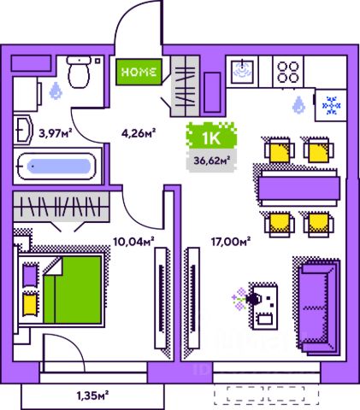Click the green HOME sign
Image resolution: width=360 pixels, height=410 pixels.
click(x=139, y=72)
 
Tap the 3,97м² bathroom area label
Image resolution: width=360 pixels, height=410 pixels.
click(x=56, y=132)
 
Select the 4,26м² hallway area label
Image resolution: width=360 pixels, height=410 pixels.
click(x=139, y=132)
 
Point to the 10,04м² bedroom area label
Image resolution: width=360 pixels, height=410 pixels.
click(x=134, y=242)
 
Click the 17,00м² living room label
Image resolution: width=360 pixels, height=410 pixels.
click(x=231, y=242)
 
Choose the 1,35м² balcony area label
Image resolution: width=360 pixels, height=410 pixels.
click(x=92, y=395)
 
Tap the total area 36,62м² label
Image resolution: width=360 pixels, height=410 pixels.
click(x=212, y=161)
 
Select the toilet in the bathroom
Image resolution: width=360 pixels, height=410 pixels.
click(x=79, y=72)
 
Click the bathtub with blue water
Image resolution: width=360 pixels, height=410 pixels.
click(x=57, y=167)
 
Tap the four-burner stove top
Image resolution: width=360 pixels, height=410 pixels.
click(x=288, y=72)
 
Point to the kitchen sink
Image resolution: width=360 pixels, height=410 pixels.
click(x=243, y=70)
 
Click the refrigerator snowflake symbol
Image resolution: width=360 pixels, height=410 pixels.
click(x=331, y=106)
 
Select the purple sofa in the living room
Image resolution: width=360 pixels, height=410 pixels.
click(x=317, y=307)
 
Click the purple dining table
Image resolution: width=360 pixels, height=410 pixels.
click(x=299, y=188)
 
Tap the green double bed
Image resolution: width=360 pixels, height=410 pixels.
click(x=73, y=290)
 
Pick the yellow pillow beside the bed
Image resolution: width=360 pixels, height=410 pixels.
click(x=30, y=305)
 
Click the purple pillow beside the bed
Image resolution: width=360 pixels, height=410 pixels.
click(x=30, y=275)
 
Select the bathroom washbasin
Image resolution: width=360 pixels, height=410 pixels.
click(x=24, y=131)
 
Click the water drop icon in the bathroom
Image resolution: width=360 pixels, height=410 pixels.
click(x=56, y=91)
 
